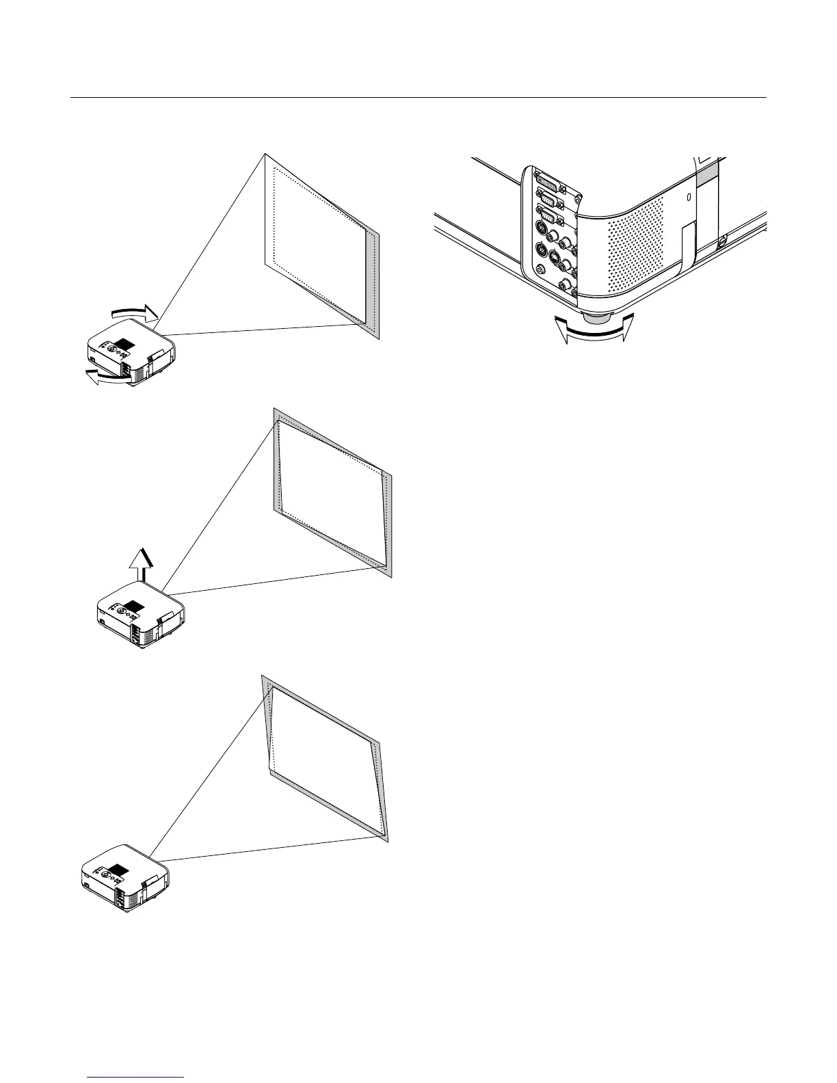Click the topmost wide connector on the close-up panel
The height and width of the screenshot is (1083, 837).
pyautogui.click(x=548, y=184)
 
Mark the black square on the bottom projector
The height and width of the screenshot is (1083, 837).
pyautogui.click(x=118, y=870)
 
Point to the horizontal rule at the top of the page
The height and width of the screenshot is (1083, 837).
pyautogui.click(x=418, y=98)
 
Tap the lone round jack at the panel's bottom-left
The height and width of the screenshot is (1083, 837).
pyautogui.click(x=542, y=270)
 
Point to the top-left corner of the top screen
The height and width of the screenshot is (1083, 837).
pyautogui.click(x=264, y=155)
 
